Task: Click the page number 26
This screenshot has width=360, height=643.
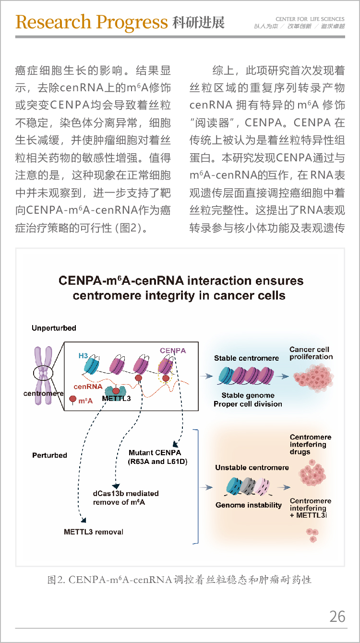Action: point(337,617)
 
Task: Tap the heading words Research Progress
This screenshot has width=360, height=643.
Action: point(92,22)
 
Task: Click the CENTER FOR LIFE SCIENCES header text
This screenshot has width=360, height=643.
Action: point(310,19)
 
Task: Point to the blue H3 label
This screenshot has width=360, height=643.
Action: point(83,356)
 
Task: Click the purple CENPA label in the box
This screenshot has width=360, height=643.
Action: point(173,351)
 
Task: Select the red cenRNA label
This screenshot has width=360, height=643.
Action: point(88,387)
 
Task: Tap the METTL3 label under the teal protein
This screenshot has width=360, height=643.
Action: point(117,399)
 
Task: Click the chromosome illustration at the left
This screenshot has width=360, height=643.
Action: point(43,376)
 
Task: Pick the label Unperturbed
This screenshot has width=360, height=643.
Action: point(54,328)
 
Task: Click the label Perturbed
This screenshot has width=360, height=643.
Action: point(49,455)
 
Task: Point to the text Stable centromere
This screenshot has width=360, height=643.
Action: point(246,358)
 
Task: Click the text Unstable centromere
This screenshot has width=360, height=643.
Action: point(252,468)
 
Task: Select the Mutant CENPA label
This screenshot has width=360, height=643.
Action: point(155,453)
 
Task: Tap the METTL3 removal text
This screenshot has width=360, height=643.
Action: point(94,532)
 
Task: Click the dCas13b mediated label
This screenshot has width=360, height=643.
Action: point(126,494)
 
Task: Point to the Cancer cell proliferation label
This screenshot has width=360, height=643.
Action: point(311,353)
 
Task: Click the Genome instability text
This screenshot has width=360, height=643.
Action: point(249,505)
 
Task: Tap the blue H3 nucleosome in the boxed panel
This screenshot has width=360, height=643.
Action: point(92,364)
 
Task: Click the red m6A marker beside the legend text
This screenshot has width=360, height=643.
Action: point(73,399)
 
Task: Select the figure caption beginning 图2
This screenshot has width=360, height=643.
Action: point(180,580)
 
